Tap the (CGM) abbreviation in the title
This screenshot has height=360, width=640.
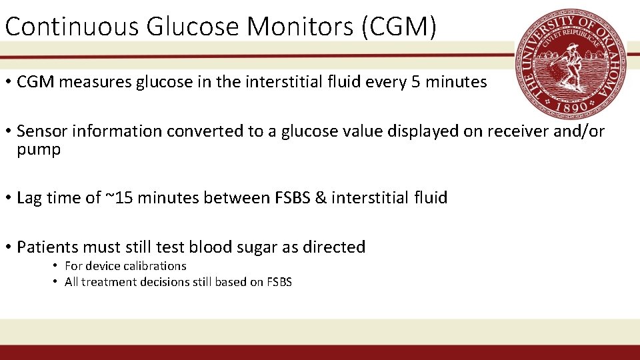point(403,27)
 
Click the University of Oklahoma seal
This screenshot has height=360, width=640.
point(571,65)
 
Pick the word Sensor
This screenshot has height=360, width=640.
point(39,131)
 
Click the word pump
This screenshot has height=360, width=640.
point(39,149)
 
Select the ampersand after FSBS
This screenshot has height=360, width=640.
point(321,198)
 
